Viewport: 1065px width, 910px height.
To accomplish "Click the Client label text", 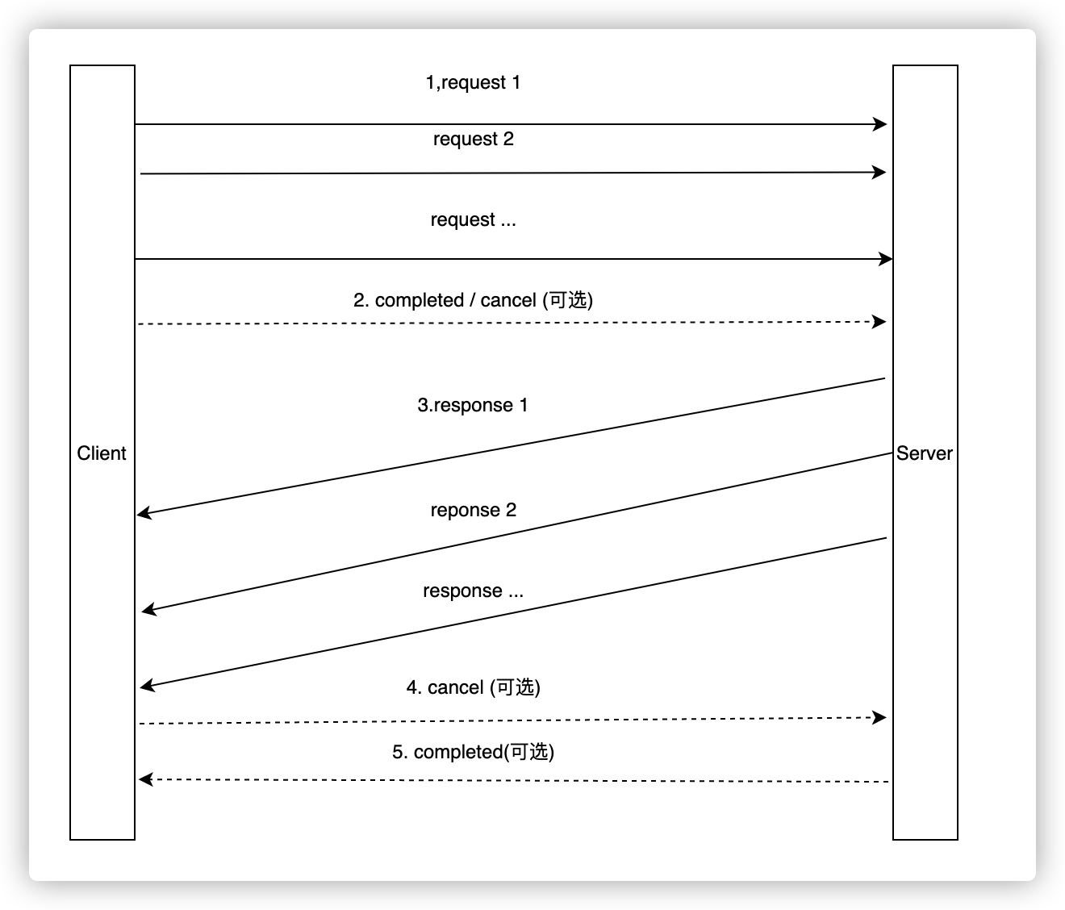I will (102, 453).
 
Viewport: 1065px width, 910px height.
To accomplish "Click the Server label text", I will (925, 453).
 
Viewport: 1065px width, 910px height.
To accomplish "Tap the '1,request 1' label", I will (473, 82).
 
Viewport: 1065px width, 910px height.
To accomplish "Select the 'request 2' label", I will (474, 139).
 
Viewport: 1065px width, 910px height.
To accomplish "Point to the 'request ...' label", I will (474, 219).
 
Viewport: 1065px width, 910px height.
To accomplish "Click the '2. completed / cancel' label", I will (473, 300).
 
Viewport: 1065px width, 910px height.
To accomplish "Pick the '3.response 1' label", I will (473, 405).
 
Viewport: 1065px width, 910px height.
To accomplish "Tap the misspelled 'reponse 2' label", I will (474, 510).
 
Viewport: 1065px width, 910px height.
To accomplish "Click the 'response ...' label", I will (474, 591).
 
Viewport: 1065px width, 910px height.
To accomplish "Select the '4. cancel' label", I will (474, 687).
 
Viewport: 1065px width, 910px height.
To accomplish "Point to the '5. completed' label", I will (474, 752).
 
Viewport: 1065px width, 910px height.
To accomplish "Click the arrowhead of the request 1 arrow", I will (881, 124).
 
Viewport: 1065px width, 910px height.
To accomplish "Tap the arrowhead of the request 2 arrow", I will (880, 172).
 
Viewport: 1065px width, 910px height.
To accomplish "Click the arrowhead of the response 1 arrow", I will (144, 513).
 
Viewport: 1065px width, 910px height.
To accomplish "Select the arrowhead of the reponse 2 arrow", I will (148, 610).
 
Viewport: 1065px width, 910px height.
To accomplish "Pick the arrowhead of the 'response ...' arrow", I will (146, 687).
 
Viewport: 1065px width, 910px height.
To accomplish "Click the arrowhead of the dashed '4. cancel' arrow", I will (880, 716).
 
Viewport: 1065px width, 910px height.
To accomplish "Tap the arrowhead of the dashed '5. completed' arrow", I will (145, 779).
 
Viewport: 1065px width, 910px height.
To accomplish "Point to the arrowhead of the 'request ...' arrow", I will (887, 259).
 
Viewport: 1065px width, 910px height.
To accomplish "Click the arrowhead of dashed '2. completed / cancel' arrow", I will (880, 322).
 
